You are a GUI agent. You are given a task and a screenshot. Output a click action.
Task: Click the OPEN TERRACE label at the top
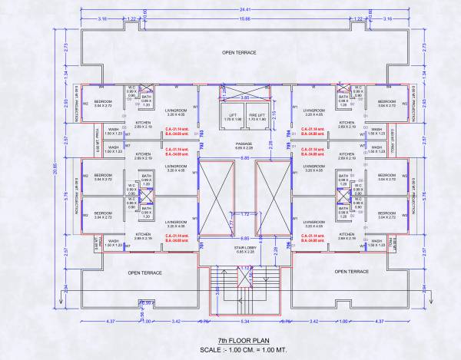click(x=239, y=53)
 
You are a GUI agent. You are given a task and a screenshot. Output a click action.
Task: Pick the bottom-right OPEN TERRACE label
click(x=352, y=272)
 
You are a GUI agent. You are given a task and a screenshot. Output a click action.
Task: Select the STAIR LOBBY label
click(x=245, y=248)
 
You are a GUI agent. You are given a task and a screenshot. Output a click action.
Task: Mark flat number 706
click(x=290, y=246)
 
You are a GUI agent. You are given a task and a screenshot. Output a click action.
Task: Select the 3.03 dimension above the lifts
click(x=244, y=97)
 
